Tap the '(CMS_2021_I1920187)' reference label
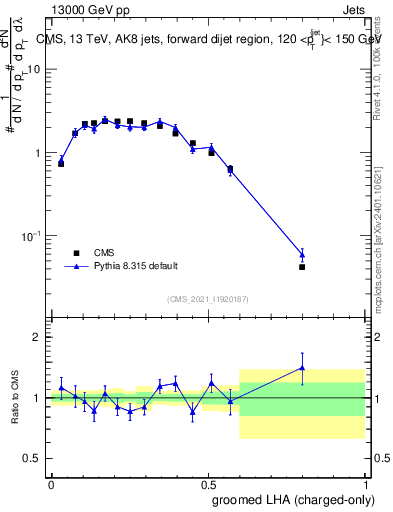[207, 299]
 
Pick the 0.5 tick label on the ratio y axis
[33, 459]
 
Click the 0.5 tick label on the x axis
[208, 483]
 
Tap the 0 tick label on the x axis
[51, 483]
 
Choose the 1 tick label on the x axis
[365, 483]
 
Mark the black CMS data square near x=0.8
[302, 267]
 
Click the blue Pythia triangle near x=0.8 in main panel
[302, 254]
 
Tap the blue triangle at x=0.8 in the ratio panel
[302, 368]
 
